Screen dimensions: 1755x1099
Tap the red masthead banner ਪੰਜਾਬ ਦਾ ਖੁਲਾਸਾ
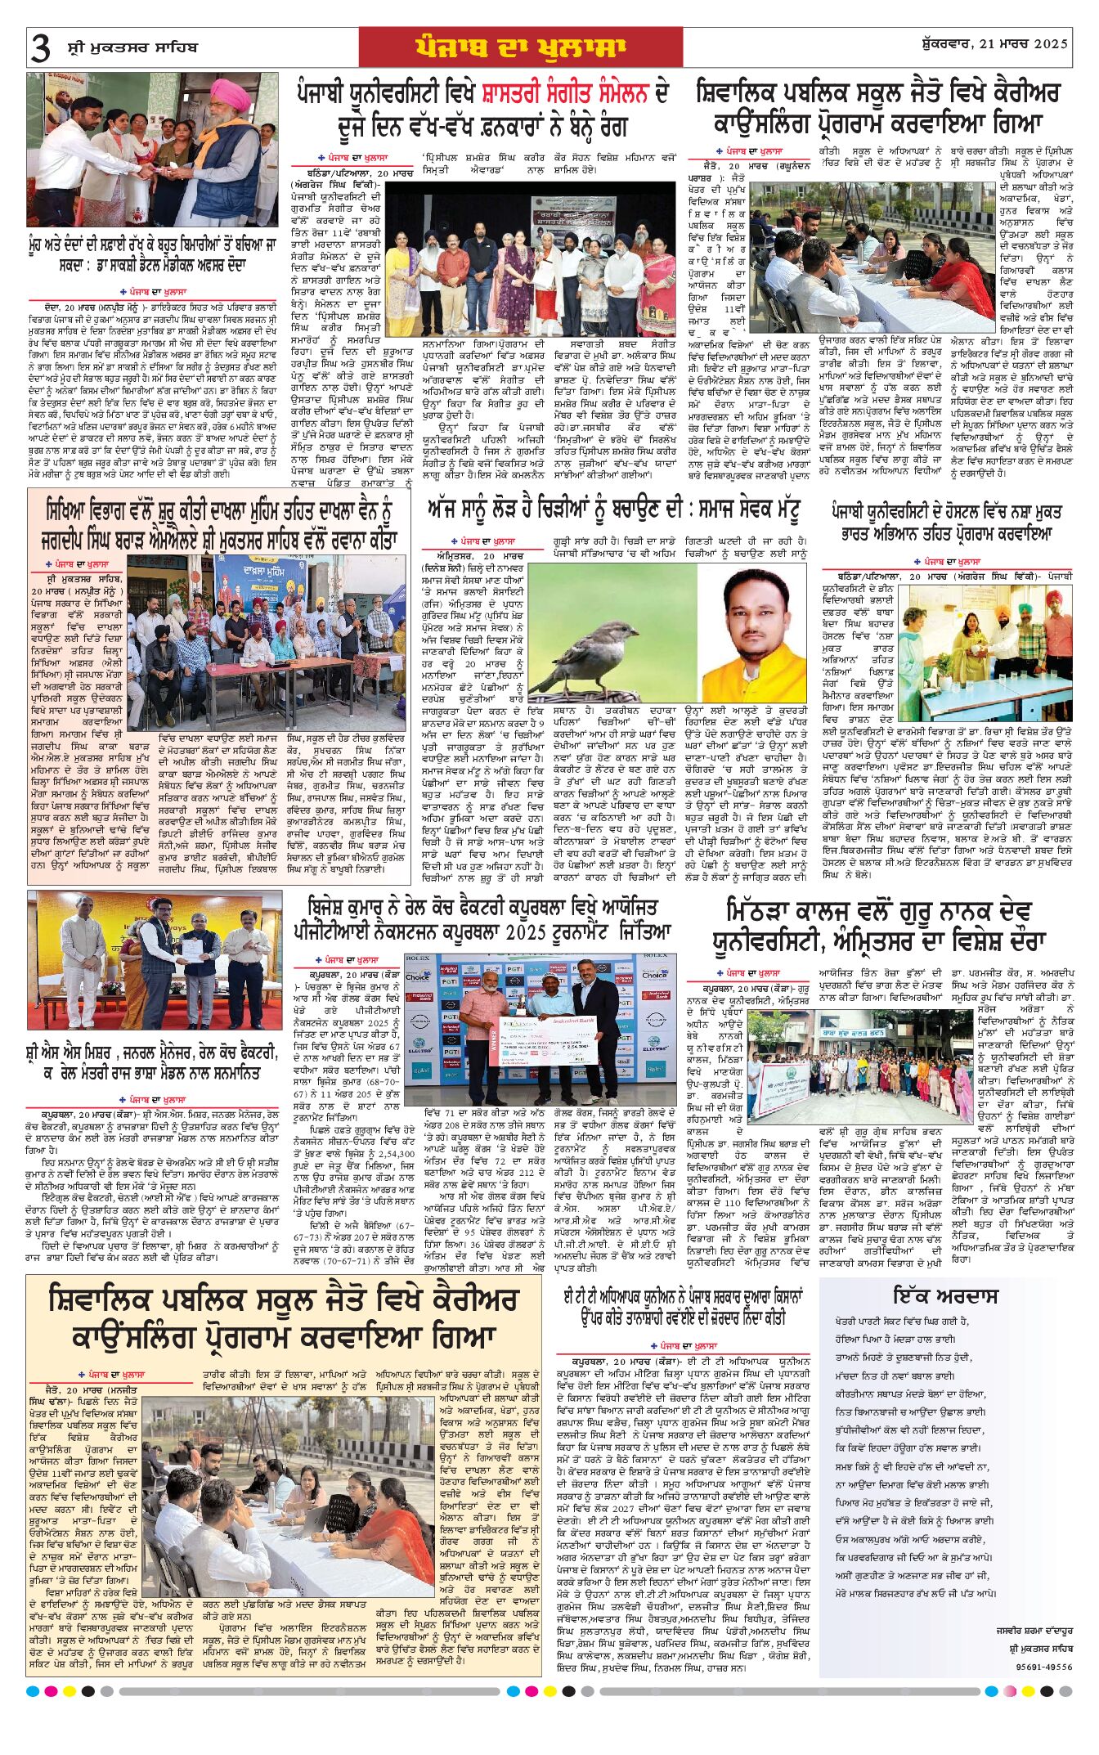coord(520,47)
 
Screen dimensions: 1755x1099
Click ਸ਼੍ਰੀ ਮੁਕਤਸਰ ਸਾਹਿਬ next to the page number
coord(132,47)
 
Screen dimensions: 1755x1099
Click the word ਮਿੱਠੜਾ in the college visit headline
coord(774,911)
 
